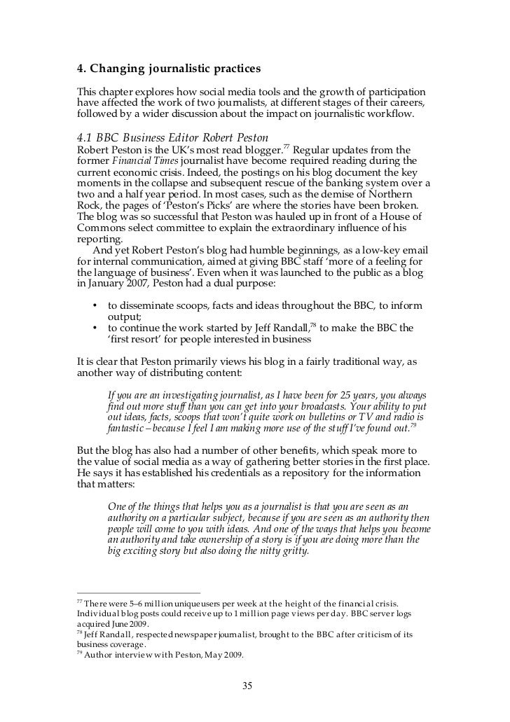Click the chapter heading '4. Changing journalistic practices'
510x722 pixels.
point(168,69)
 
